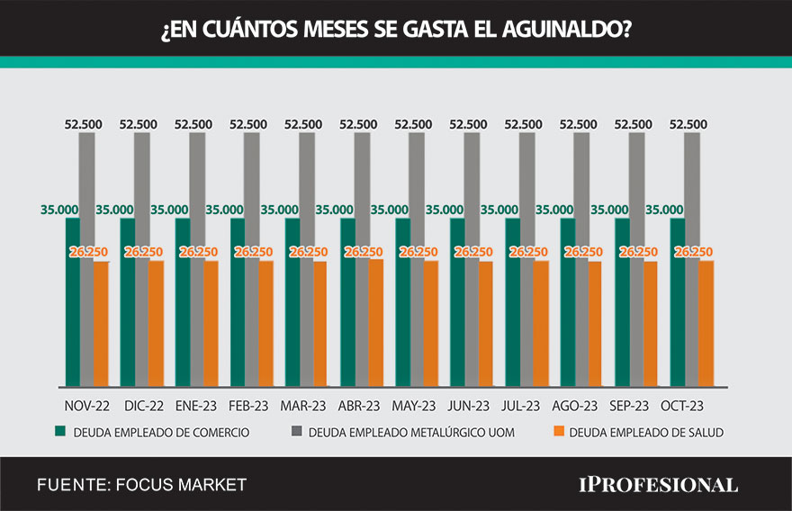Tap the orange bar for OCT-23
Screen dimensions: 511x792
pos(706,324)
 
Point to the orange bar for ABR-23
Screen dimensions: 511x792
pos(376,324)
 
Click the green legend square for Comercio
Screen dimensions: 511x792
pos(61,432)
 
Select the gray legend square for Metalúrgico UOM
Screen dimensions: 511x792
pos(296,432)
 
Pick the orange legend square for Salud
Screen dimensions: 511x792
pos(558,432)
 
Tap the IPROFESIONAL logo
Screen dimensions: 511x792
pos(657,485)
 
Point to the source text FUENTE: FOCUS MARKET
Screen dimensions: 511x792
pos(141,485)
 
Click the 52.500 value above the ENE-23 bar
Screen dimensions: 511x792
pos(193,124)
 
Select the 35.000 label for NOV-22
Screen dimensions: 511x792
pos(58,209)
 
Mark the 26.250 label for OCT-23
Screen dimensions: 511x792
pos(694,252)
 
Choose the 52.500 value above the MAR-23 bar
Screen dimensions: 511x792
pos(304,124)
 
